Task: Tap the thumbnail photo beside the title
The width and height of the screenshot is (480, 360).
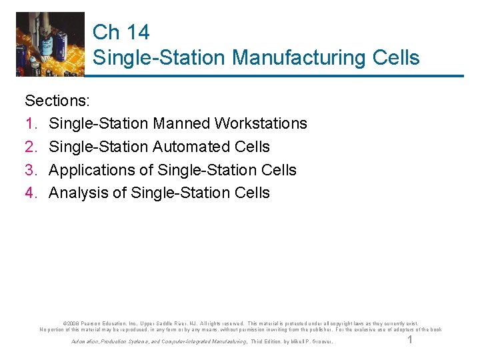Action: click(x=51, y=44)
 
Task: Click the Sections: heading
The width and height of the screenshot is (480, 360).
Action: click(x=61, y=101)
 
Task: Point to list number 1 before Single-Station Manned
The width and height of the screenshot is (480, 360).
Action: click(x=29, y=124)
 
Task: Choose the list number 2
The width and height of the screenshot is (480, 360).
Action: click(x=29, y=147)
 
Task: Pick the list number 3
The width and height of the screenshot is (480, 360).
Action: click(x=29, y=170)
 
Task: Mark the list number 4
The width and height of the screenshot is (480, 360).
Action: click(x=29, y=193)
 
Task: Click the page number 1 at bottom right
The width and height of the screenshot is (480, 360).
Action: click(x=410, y=340)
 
